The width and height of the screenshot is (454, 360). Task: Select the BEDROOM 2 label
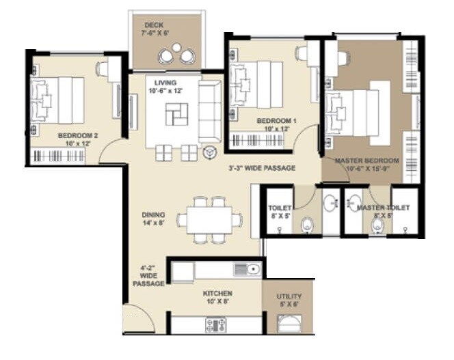coord(78,136)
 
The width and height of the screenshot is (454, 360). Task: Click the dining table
coord(209,220)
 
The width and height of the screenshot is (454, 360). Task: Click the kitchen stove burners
coord(215,324)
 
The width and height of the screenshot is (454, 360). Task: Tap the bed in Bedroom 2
coord(58,100)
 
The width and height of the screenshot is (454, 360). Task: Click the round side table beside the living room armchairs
coord(209,152)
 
